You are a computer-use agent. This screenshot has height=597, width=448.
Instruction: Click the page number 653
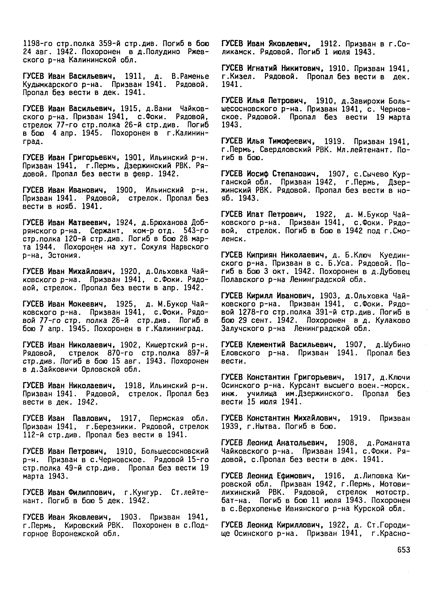coord(403,550)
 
